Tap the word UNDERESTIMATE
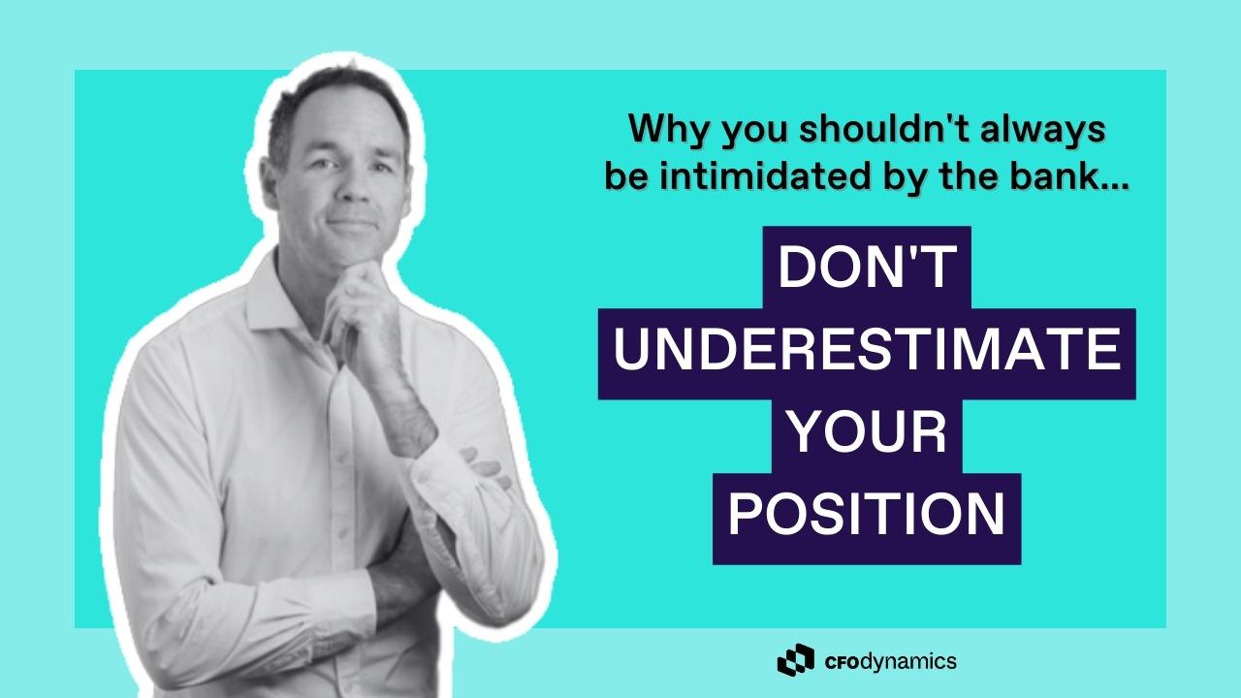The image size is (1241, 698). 867,350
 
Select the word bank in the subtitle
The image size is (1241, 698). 1052,176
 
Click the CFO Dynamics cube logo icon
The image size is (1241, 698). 796,660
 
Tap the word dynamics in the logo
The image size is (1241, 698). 909,662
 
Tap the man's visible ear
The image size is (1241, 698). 270,181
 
